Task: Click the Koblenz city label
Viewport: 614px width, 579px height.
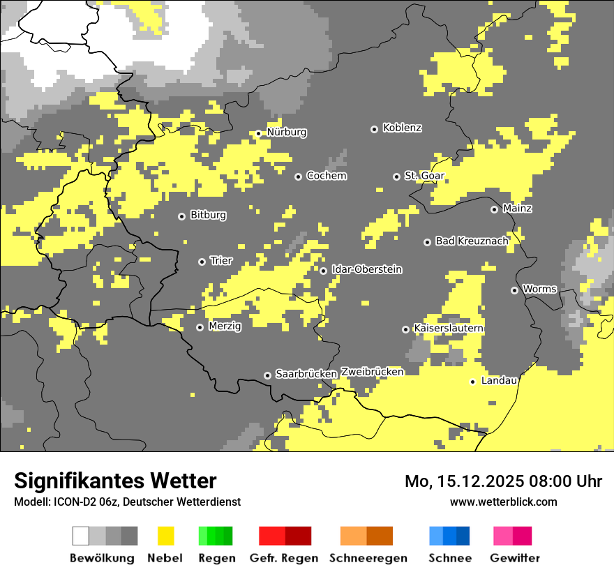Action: (x=402, y=128)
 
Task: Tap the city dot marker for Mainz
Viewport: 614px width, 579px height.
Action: (x=494, y=209)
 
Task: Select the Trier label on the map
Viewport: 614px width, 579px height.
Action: (x=221, y=261)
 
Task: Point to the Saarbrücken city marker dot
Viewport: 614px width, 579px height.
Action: (x=267, y=375)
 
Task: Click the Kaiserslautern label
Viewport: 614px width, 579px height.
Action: (x=449, y=328)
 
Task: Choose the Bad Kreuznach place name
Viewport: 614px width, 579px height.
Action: (x=472, y=241)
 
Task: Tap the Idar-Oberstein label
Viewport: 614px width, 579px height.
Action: (x=366, y=270)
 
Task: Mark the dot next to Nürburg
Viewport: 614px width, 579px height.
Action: (x=258, y=133)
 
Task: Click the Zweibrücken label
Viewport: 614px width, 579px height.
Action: (x=373, y=372)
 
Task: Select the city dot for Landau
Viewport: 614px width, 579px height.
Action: (x=472, y=382)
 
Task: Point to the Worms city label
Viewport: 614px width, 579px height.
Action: (x=539, y=289)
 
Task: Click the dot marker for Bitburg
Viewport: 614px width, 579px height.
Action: (x=181, y=216)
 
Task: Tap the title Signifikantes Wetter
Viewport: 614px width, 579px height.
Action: (x=115, y=481)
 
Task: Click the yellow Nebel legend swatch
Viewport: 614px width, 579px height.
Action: (x=165, y=536)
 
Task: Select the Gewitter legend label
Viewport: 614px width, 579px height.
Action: (x=515, y=558)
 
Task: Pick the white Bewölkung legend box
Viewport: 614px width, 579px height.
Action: (x=81, y=536)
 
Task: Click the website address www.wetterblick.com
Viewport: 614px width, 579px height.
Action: (x=503, y=502)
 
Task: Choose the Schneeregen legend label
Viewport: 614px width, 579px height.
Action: (x=368, y=558)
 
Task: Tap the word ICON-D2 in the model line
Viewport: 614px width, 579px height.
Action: (x=68, y=502)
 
